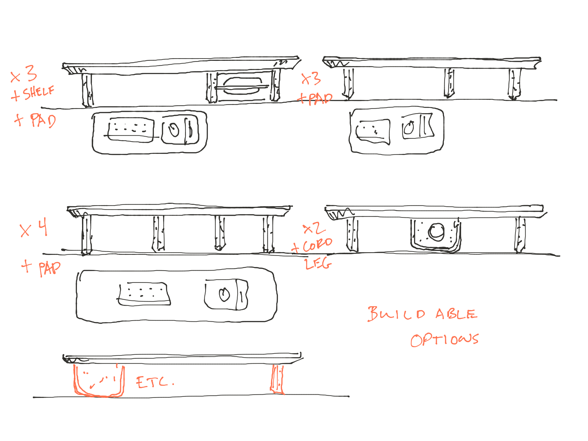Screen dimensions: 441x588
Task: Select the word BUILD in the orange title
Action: pyautogui.click(x=396, y=314)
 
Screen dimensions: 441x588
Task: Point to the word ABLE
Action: pyautogui.click(x=456, y=314)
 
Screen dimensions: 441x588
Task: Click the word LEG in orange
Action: pyautogui.click(x=318, y=264)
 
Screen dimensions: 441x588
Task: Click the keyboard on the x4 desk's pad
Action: pyautogui.click(x=144, y=294)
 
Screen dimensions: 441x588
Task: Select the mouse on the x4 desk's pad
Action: pyautogui.click(x=224, y=294)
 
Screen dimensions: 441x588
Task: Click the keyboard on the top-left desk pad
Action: pyautogui.click(x=131, y=130)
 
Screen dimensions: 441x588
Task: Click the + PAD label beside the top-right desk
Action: pyautogui.click(x=315, y=99)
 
